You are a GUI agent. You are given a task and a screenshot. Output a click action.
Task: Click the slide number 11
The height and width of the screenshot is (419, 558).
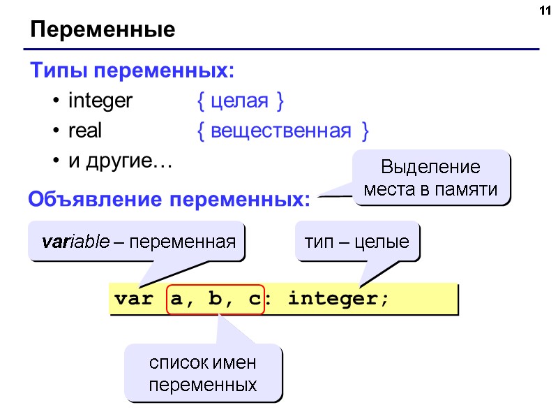coord(543,11)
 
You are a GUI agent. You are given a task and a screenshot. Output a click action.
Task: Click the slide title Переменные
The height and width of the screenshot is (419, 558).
coord(102,31)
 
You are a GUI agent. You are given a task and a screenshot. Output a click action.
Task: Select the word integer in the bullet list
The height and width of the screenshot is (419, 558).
coord(100,101)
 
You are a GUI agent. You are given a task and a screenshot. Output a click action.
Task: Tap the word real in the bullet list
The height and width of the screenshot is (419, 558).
coord(85,131)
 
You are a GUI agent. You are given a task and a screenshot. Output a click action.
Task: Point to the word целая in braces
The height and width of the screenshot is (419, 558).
coord(239,101)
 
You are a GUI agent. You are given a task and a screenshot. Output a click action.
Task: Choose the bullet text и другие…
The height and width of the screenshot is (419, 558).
coord(119,161)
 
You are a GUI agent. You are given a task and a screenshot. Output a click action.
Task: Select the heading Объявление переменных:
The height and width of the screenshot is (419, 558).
coord(169,200)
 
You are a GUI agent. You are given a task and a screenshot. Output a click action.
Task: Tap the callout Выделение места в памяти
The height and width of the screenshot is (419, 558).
coord(431,178)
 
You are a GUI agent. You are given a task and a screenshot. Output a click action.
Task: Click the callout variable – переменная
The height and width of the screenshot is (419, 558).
coord(137,242)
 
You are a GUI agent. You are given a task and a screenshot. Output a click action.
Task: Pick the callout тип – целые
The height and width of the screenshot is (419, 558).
coord(356,242)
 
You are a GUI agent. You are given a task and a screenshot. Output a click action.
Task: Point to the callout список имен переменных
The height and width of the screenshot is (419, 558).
coord(203,374)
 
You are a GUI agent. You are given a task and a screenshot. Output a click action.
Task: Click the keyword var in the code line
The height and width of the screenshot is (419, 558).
coord(133,300)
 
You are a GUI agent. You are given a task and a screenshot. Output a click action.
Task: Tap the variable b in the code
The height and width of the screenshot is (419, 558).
coord(216,300)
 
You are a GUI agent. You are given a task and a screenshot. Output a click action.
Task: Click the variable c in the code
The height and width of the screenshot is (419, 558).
coord(252,300)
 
